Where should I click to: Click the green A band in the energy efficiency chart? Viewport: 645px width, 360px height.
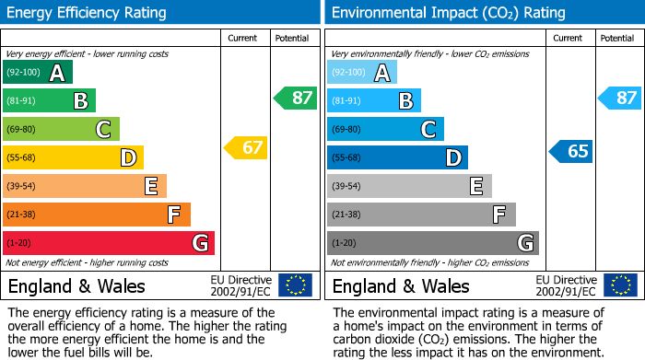pos(38,73)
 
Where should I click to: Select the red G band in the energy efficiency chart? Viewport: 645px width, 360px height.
pos(109,243)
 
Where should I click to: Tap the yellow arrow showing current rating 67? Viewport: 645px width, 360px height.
pos(246,147)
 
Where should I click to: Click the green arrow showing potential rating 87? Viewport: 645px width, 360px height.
pos(296,98)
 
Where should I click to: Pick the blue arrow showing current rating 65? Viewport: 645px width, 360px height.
pos(571,151)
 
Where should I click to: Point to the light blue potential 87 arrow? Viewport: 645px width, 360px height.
pos(620,98)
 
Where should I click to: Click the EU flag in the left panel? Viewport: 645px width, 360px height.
pos(296,285)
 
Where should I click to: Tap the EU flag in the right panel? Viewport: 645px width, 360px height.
pos(620,285)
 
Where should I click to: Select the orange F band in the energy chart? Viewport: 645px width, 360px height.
pos(97,215)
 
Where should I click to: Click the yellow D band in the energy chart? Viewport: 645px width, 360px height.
pos(73,157)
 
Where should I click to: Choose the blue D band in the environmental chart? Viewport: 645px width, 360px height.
pos(397,157)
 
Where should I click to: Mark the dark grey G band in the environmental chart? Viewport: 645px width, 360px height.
pos(432,243)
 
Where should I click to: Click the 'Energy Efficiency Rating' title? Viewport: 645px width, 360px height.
pos(88,13)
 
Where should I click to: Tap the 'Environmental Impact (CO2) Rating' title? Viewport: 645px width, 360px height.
pos(448,13)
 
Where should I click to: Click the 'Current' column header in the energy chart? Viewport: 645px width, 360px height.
pos(243,38)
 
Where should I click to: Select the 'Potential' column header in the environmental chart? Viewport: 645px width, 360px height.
pos(617,38)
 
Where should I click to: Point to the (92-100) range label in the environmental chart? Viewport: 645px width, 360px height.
pos(349,72)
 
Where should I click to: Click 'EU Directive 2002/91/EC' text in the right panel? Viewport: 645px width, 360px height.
pos(565,285)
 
